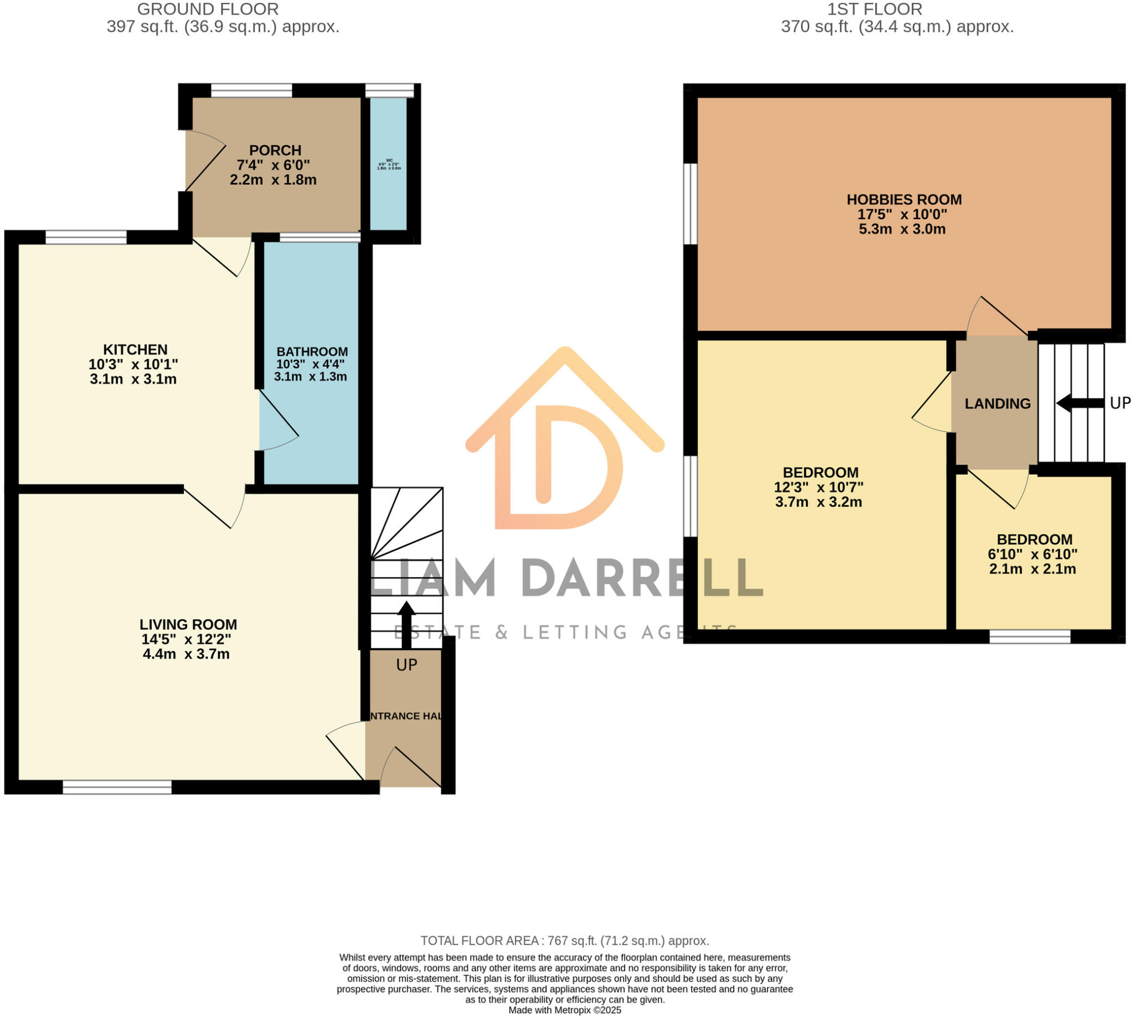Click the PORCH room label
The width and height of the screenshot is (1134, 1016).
pyautogui.click(x=275, y=150)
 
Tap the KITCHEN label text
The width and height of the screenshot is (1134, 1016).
pyautogui.click(x=135, y=350)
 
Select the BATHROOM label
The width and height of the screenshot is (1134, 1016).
pyautogui.click(x=312, y=352)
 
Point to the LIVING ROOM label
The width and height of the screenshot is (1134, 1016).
pyautogui.click(x=188, y=624)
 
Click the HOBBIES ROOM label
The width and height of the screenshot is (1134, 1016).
pyautogui.click(x=904, y=199)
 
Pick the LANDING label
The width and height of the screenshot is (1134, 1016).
pyautogui.click(x=997, y=403)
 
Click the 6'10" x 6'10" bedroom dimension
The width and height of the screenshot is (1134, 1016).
pyautogui.click(x=1032, y=554)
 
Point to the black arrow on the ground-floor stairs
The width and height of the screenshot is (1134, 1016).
pyautogui.click(x=406, y=617)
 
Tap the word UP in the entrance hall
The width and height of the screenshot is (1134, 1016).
pyautogui.click(x=406, y=665)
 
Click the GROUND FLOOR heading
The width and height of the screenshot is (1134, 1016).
pyautogui.click(x=208, y=9)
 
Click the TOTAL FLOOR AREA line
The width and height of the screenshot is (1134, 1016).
pyautogui.click(x=565, y=941)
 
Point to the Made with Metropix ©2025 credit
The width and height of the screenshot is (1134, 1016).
pyautogui.click(x=565, y=1010)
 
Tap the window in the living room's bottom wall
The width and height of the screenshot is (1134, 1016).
pyautogui.click(x=117, y=787)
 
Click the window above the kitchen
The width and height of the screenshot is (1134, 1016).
pyautogui.click(x=86, y=237)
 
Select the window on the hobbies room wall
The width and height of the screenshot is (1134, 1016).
pyautogui.click(x=690, y=204)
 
